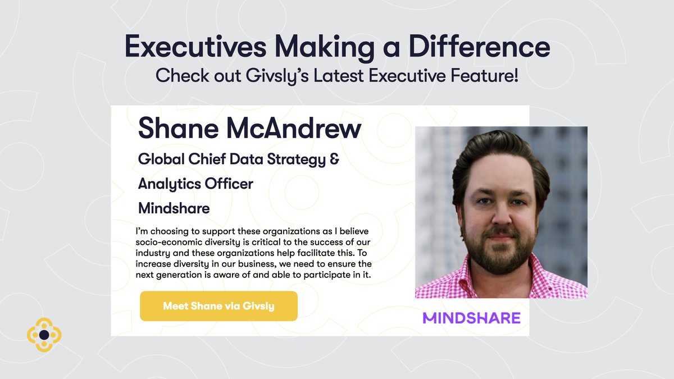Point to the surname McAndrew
point(292,129)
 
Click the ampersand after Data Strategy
point(334,159)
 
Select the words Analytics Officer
point(195,184)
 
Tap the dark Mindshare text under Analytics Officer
point(174,209)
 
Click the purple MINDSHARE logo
point(472,318)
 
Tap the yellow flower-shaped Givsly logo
point(44,335)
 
